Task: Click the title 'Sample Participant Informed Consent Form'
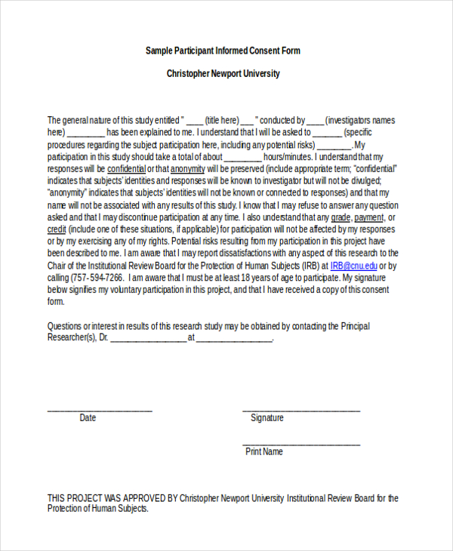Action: pos(223,51)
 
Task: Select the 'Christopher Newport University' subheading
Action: pos(223,74)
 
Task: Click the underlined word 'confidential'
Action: pos(126,168)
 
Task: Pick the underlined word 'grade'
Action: pos(325,217)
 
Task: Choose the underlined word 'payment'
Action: pos(369,217)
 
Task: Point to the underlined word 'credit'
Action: pos(57,229)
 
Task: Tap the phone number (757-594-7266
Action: pos(100,278)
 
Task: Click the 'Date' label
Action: pos(88,417)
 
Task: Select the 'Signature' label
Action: pos(267,417)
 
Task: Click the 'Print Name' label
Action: pos(264,451)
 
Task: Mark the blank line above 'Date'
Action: pos(100,411)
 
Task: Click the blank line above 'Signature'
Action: pos(301,411)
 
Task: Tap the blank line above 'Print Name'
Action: pos(301,444)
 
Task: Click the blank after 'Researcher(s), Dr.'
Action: pos(148,340)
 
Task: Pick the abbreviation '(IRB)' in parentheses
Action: pos(309,266)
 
